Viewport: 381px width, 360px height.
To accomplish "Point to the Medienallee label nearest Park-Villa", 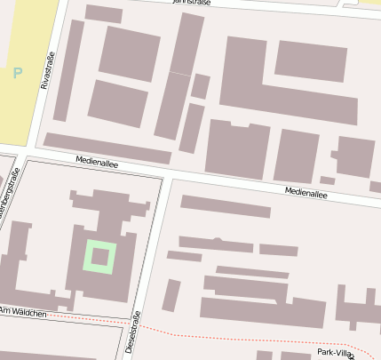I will pos(306,191).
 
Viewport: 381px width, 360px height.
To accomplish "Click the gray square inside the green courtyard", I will pos(100,258).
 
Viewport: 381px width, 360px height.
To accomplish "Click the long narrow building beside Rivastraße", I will pos(68,71).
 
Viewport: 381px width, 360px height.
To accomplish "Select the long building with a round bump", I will pos(216,243).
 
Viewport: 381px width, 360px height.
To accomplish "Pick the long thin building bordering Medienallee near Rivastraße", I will pos(107,148).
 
